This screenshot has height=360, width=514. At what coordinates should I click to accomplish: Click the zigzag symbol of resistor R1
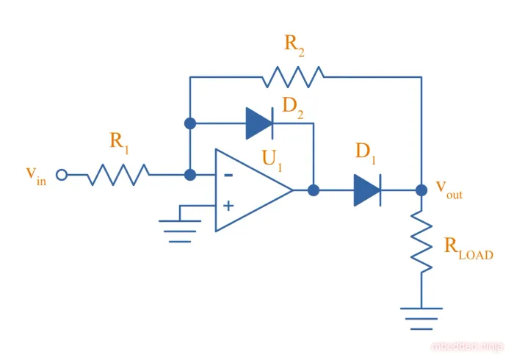pos(119,175)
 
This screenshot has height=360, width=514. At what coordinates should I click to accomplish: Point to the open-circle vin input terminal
pos(62,175)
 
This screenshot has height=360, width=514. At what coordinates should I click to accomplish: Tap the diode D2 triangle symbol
pos(259,123)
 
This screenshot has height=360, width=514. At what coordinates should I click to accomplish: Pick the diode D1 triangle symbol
pos(366,190)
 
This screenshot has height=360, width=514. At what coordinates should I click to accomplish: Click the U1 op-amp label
pos(272,162)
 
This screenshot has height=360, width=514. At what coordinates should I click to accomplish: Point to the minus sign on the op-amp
pos(228,176)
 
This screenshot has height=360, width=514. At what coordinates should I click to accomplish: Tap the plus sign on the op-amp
pos(228,206)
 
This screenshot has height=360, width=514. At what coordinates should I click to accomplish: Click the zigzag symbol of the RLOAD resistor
pos(421,242)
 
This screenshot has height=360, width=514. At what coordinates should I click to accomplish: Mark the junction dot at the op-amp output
pos(314,190)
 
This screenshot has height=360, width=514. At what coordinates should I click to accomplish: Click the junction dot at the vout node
pos(421,190)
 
